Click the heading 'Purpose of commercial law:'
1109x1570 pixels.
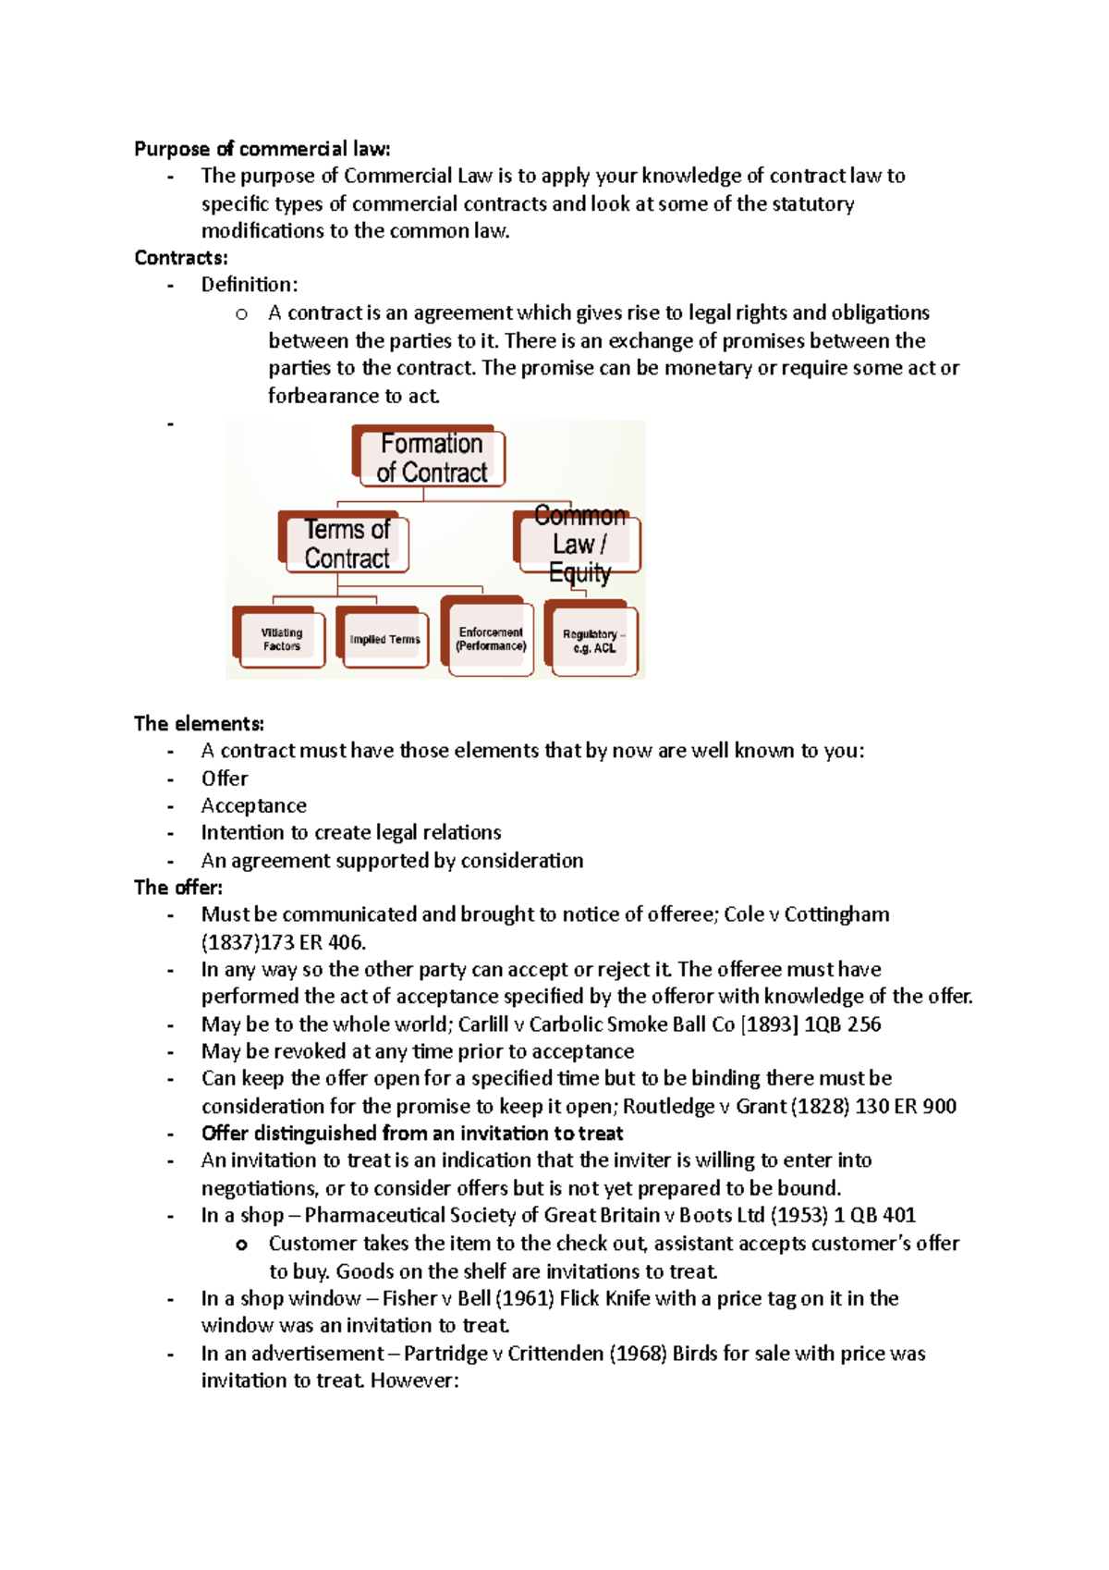(262, 149)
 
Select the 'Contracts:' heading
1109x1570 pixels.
(181, 258)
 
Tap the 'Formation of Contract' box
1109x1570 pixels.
(431, 458)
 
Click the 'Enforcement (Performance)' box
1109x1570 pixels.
(491, 639)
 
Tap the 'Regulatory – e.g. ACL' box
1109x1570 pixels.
(593, 641)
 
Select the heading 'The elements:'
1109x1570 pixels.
(199, 724)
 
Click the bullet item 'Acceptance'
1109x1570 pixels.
(254, 805)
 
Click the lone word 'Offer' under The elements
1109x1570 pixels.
(225, 779)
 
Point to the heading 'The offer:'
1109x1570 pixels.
(178, 888)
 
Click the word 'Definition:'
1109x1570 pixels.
(250, 285)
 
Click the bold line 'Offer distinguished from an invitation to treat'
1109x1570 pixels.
(412, 1134)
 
